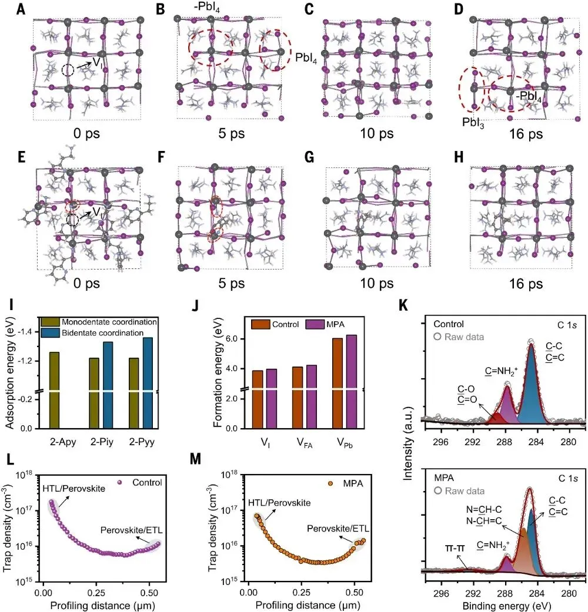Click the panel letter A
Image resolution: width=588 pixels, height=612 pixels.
(x=22, y=9)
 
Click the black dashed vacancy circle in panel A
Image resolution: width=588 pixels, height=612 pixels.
(x=68, y=70)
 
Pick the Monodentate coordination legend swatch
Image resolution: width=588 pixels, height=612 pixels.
(x=48, y=322)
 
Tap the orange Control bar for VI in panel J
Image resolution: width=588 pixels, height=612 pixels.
(x=258, y=399)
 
